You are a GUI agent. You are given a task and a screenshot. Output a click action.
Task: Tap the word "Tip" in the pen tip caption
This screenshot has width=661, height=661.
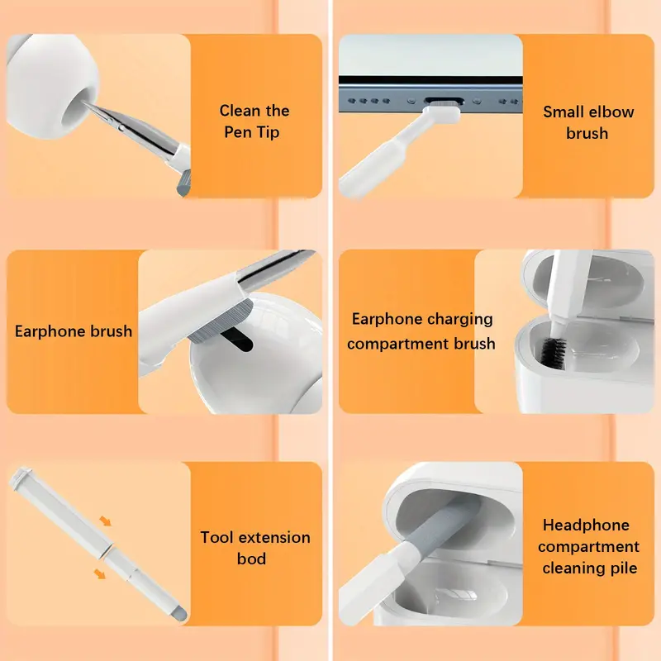269,133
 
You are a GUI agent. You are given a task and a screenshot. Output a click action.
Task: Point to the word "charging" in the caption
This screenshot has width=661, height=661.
458,320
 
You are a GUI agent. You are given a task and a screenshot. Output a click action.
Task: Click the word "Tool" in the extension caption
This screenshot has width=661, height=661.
216,538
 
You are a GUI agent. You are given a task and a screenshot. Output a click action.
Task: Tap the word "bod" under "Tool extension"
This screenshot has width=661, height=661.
251,559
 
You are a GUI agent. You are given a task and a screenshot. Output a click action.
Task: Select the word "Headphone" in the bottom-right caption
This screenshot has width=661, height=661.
586,525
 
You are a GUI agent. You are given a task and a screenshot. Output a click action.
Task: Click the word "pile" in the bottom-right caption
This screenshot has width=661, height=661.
624,568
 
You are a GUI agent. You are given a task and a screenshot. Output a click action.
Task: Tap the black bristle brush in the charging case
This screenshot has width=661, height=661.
553,350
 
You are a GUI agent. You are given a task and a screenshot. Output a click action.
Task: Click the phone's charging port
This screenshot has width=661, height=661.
444,101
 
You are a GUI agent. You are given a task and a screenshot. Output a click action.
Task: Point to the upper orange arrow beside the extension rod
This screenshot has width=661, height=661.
105,521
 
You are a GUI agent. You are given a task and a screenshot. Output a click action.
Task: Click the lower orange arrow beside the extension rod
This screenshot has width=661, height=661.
99,573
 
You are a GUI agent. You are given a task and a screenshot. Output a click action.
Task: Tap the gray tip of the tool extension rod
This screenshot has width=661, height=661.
180,612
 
